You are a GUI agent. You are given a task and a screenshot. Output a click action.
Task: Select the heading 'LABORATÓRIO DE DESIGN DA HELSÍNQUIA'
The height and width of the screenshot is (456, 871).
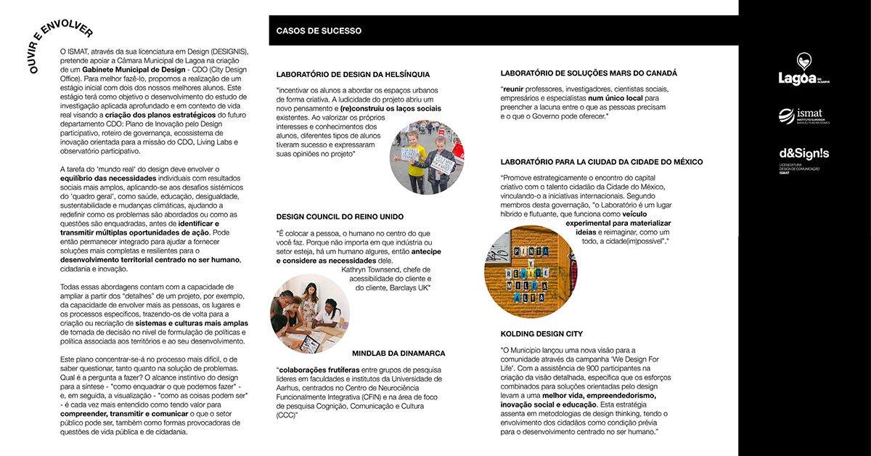[x=353, y=74]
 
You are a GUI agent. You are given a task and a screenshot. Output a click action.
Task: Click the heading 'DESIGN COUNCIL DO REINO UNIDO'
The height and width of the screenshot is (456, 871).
[x=340, y=216]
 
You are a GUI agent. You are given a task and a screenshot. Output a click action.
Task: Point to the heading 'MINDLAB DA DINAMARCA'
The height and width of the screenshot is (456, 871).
[x=398, y=353]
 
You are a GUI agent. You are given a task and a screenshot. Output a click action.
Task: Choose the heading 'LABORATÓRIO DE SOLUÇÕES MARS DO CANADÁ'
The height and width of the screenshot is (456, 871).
[x=589, y=73]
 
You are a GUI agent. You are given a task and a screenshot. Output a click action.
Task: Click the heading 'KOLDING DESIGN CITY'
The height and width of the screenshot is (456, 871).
[x=541, y=333]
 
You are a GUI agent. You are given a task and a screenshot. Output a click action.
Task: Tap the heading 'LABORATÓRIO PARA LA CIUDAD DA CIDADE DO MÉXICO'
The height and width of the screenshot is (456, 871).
[x=601, y=162]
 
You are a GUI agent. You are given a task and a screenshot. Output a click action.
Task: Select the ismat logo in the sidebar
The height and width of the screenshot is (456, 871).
[x=803, y=115]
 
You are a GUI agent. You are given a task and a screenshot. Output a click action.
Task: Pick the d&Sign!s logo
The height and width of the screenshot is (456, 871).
[x=803, y=155]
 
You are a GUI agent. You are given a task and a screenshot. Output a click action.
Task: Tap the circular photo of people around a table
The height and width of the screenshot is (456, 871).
[x=309, y=313]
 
